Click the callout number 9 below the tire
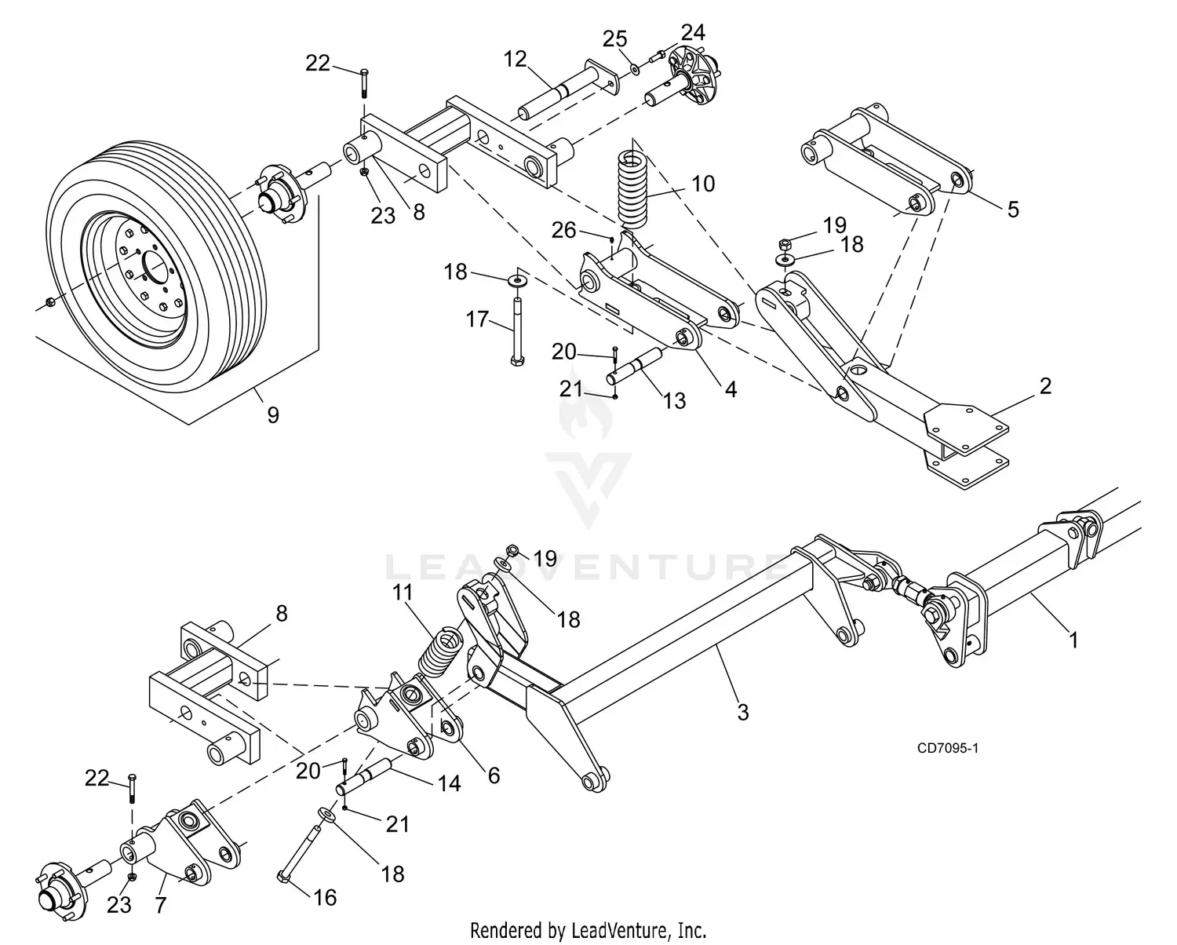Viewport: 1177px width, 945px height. point(272,414)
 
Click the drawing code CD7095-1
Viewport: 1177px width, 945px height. point(947,747)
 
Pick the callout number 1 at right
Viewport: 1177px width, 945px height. point(1073,640)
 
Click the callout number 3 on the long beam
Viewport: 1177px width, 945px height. point(742,712)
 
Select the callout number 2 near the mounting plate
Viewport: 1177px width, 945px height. point(1044,385)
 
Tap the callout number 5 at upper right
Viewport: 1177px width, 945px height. point(1013,210)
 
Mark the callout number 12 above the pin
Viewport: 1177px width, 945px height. point(515,59)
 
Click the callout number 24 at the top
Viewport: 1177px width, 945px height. point(692,32)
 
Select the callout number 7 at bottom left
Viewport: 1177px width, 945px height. point(161,904)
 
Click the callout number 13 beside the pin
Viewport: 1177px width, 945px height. point(674,400)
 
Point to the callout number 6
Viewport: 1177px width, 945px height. point(493,775)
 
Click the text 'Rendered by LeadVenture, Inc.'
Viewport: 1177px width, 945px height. point(588,931)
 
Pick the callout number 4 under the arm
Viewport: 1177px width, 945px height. point(731,389)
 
